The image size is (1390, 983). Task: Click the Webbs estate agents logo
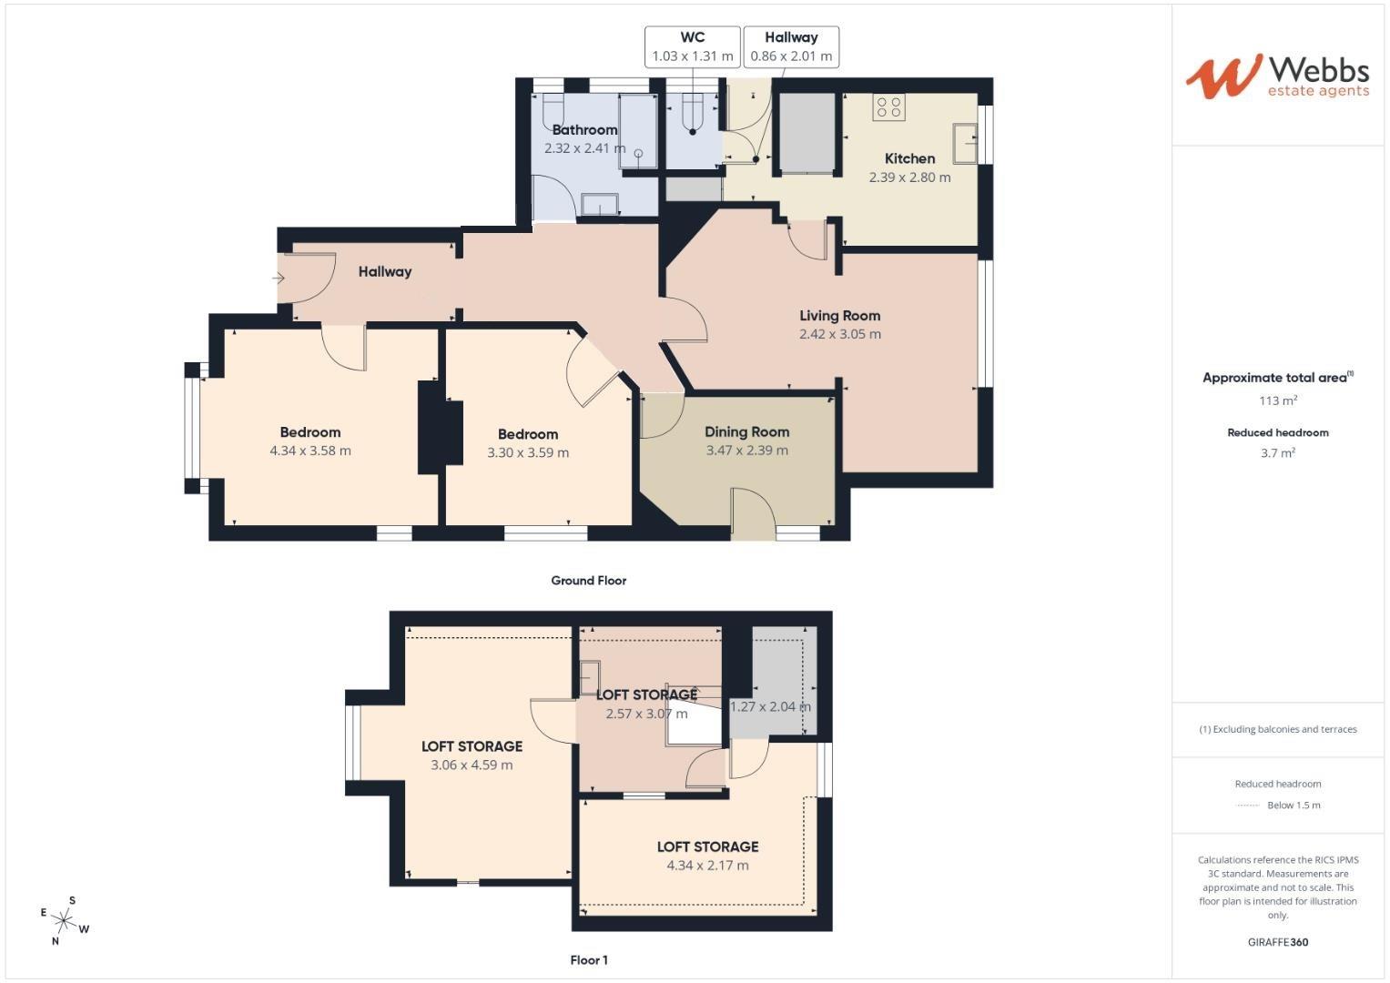point(1276,76)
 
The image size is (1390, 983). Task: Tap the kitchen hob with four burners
point(888,107)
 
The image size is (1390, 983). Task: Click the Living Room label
point(839,316)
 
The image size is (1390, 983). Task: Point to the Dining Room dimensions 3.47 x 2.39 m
point(746,451)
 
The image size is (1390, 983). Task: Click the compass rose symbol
point(65,921)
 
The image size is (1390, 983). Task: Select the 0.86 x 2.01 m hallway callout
point(790,56)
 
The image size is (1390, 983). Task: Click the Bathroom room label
point(584,130)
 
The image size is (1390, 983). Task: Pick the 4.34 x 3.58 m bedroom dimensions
point(309,451)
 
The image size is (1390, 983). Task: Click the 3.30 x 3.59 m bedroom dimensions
point(528,452)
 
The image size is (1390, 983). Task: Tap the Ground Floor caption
point(588,581)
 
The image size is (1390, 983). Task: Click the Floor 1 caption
point(588,960)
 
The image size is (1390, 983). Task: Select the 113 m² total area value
point(1277,400)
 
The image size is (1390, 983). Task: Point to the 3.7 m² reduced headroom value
point(1277,453)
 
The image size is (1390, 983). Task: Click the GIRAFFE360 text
point(1277,942)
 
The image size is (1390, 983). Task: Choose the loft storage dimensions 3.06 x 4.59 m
point(472,765)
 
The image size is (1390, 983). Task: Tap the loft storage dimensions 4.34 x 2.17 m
point(707,866)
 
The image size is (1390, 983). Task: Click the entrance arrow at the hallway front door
point(279,278)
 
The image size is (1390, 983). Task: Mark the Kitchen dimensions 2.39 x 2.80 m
point(909,177)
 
